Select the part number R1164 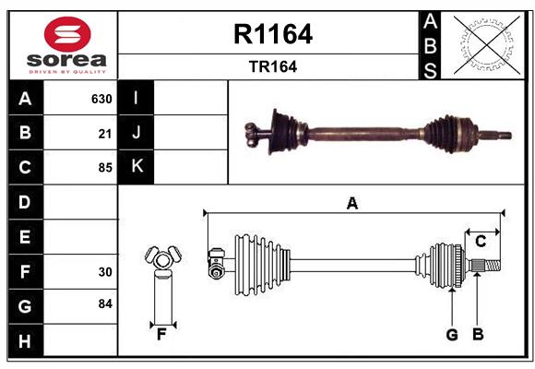tap(273, 35)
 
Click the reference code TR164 tap(273, 66)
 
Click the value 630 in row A tap(101, 99)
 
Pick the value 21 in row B tap(104, 134)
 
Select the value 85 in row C tap(104, 168)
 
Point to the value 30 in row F tap(104, 272)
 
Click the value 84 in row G tap(104, 305)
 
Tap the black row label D tap(25, 202)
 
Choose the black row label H tap(25, 341)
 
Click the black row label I tap(137, 98)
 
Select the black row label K tap(137, 167)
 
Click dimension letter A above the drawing tap(351, 203)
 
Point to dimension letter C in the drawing tap(481, 241)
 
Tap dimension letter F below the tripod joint tap(161, 334)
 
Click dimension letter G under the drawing tap(452, 334)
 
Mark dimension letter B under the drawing tap(478, 334)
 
